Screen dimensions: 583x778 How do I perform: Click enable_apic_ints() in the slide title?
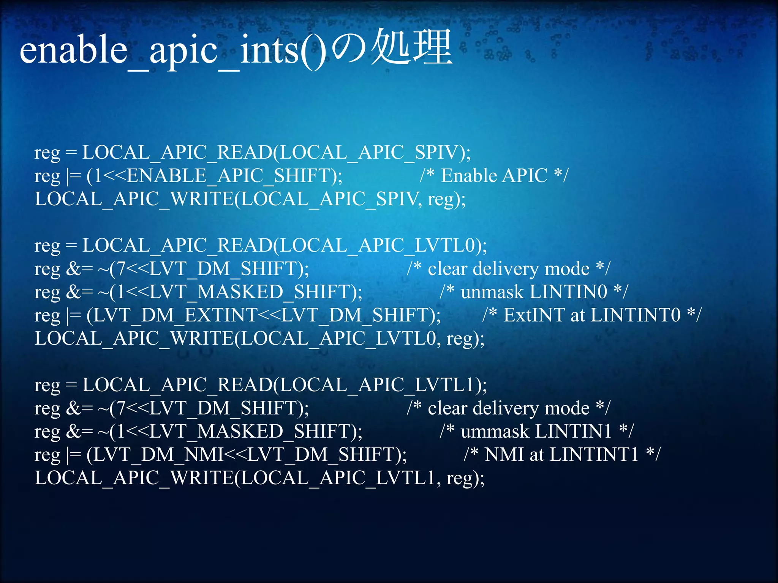click(x=173, y=51)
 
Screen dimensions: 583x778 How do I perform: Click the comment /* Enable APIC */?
click(x=494, y=176)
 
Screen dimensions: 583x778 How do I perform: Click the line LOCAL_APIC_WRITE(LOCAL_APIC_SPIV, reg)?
click(x=250, y=199)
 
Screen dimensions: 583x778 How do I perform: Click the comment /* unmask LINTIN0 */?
click(x=534, y=292)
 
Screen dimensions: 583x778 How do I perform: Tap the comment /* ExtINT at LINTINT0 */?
click(x=592, y=315)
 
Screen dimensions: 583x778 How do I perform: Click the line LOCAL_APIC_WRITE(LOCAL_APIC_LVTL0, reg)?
click(x=259, y=339)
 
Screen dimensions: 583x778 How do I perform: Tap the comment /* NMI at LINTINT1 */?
click(x=562, y=455)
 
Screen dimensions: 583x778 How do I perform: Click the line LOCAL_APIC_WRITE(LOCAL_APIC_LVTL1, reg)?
click(x=259, y=478)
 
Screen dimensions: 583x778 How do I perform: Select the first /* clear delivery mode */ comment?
click(x=508, y=269)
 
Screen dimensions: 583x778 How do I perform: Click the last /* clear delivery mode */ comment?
click(x=508, y=408)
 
